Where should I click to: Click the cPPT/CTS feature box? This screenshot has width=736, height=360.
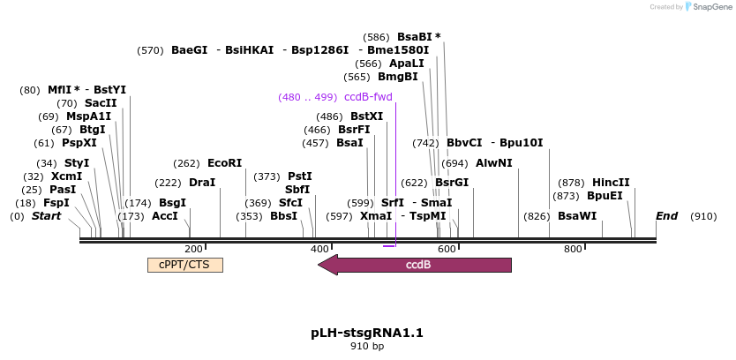coord(184,265)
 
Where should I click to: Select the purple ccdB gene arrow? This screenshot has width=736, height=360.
coord(415,265)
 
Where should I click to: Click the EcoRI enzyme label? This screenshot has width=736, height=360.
coord(224,163)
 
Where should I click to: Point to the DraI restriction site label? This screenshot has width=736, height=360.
coord(202,183)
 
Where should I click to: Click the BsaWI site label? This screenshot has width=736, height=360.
coord(577,216)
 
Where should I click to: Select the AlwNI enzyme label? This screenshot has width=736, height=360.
coord(493,163)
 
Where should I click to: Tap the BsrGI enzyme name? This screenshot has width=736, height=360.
coord(451,183)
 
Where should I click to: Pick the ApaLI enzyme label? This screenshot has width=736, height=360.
coord(407,64)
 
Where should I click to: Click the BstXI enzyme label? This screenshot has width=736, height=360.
coord(367,116)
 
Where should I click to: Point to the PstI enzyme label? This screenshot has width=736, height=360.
coord(300,176)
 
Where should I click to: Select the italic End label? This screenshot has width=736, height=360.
coord(666,216)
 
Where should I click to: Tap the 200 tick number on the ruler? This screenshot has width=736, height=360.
coord(193,249)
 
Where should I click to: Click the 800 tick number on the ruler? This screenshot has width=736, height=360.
coord(573,249)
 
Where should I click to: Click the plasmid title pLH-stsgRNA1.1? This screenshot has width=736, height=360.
coord(367,333)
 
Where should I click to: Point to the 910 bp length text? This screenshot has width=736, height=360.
coord(367,347)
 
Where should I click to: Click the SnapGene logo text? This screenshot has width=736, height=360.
coord(710,7)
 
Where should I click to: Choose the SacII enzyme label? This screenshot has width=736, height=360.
coord(101,103)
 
